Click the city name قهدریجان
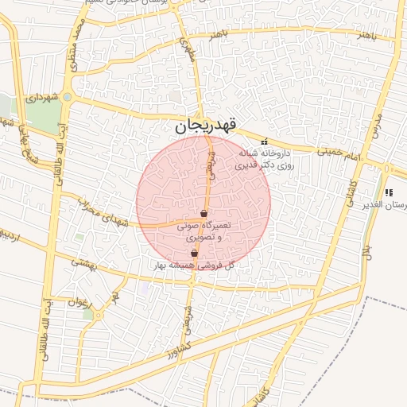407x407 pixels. (x=205, y=126)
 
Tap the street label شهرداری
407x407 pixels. (x=41, y=98)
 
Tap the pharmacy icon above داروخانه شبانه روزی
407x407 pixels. (x=264, y=141)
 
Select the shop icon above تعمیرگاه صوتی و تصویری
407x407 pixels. (x=204, y=213)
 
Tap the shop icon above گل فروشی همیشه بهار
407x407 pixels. (x=195, y=253)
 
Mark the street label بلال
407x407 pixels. (x=368, y=252)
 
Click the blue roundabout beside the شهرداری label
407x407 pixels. (x=67, y=98)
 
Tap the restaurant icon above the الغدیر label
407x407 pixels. (x=389, y=192)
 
